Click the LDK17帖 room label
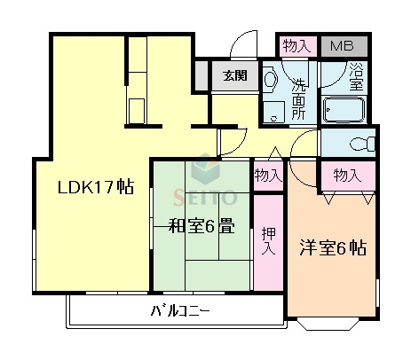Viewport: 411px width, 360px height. pyautogui.click(x=96, y=188)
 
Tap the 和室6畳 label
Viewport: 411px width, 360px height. pyautogui.click(x=202, y=226)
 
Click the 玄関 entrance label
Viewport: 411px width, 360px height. pyautogui.click(x=235, y=74)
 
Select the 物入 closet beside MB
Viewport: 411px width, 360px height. pyautogui.click(x=296, y=46)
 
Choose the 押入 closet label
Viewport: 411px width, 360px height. pyautogui.click(x=267, y=241)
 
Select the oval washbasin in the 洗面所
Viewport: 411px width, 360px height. pyautogui.click(x=271, y=82)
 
